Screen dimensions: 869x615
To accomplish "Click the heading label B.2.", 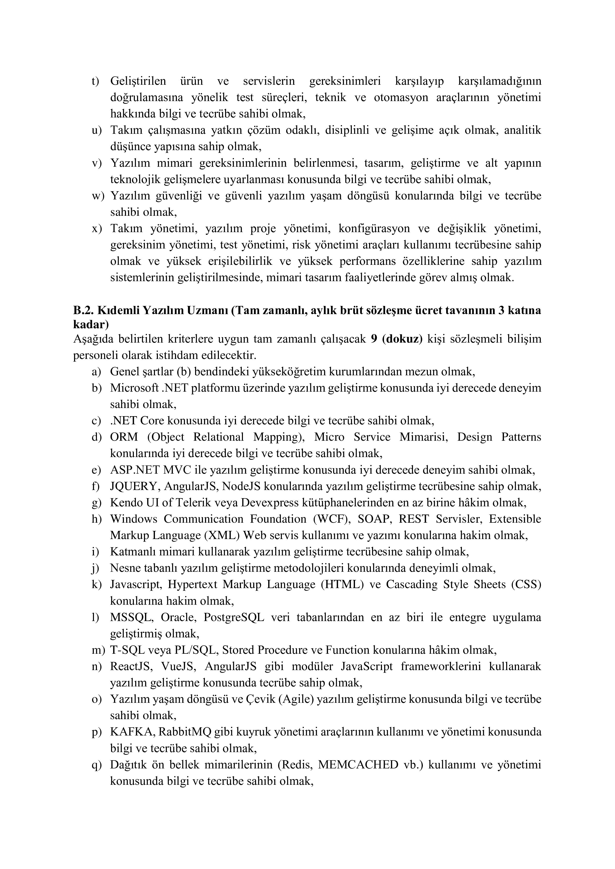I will coord(83,310).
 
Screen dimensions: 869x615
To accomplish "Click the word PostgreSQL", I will coord(234,617).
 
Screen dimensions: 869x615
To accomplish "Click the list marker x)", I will coord(97,229).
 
